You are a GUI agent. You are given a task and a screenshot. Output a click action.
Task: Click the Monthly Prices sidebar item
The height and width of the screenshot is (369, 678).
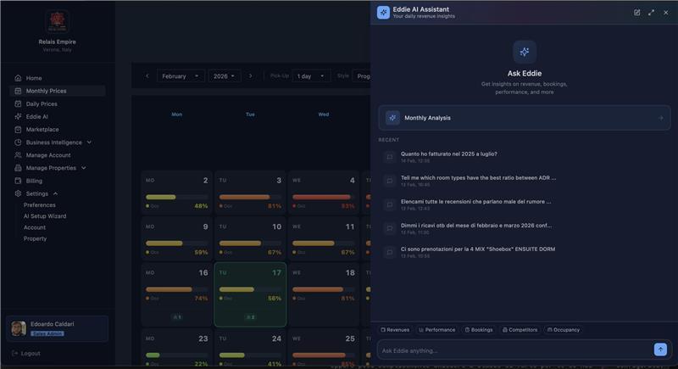(46, 91)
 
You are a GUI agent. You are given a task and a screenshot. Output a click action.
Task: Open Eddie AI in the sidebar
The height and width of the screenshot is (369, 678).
(36, 116)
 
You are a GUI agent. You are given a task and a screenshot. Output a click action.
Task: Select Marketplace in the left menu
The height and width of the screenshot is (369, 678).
(42, 129)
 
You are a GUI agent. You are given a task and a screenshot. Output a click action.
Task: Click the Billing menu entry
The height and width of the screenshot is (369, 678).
(34, 181)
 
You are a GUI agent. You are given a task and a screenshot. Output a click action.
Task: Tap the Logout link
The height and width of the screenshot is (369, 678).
(30, 353)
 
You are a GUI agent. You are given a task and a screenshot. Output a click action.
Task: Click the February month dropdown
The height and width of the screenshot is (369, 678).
(180, 76)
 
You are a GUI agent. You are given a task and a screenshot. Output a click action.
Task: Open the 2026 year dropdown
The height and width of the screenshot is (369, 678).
(225, 76)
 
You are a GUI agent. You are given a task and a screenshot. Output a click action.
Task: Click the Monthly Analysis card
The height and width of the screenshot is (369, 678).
(524, 118)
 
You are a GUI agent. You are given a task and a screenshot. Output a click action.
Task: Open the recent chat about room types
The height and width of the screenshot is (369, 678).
(479, 180)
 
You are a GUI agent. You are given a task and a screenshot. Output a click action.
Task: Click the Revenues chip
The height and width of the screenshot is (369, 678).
(395, 330)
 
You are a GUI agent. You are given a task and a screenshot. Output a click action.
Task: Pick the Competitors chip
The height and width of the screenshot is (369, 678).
(520, 330)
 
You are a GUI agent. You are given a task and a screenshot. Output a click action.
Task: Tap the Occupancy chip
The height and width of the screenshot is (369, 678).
(564, 330)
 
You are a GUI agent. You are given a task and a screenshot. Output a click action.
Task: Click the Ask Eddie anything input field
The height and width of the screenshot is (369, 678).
(513, 350)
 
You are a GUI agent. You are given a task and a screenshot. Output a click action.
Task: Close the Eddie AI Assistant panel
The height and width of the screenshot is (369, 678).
(665, 13)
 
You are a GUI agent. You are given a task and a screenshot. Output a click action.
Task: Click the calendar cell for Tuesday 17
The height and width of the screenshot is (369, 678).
(250, 294)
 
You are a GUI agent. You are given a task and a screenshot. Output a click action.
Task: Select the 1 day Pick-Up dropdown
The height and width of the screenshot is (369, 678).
(311, 76)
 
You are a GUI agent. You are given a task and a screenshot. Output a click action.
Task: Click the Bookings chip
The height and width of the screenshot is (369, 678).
(479, 330)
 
